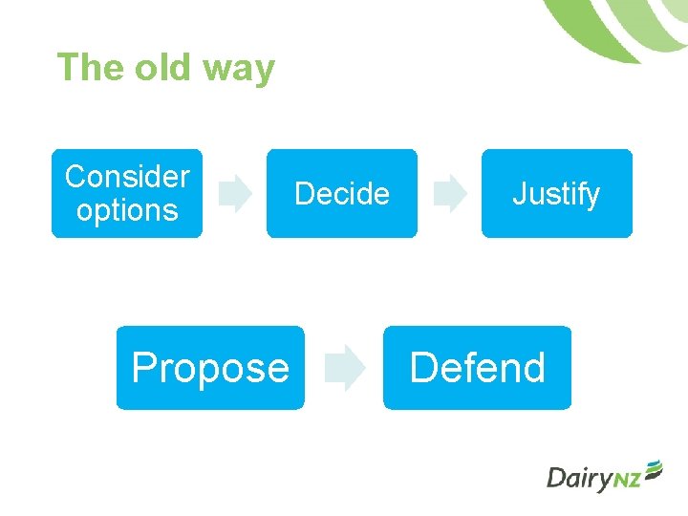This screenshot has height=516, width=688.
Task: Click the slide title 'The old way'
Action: [165, 68]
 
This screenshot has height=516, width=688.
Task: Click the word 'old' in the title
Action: [164, 68]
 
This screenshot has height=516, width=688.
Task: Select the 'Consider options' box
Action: [127, 193]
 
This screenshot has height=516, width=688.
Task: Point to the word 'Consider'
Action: [127, 177]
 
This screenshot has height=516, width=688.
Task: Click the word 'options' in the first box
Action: [127, 210]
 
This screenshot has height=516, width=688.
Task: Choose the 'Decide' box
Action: [342, 193]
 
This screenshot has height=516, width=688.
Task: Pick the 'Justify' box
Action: [556, 193]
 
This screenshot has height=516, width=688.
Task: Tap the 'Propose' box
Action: [210, 368]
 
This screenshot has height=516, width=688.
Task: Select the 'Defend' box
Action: [477, 368]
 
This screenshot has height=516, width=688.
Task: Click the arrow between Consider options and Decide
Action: [234, 194]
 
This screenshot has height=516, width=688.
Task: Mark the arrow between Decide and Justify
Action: [449, 194]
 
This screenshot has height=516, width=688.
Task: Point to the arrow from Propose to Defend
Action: [344, 370]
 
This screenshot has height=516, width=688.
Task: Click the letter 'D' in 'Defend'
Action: [422, 368]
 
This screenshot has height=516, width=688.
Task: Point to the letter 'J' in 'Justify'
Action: [519, 194]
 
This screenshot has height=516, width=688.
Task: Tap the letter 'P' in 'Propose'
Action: [143, 368]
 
